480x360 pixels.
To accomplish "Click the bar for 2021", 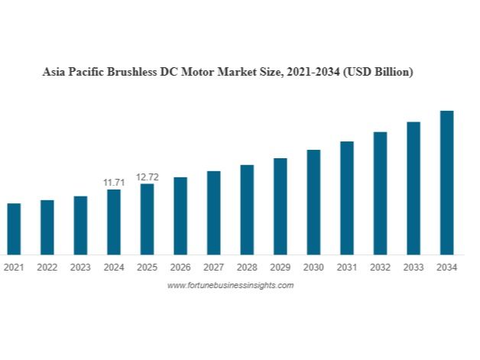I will point(14,229).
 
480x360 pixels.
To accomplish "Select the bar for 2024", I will point(114,222).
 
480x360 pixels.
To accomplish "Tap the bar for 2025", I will point(147,219).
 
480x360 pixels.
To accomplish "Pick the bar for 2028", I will point(247,209).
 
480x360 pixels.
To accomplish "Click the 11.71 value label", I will point(114,183).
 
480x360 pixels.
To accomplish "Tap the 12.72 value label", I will point(147,177).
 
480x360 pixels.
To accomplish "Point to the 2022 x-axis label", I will point(47,268).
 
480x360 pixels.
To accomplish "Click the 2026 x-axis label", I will point(180,268).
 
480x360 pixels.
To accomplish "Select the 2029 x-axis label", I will point(281,268).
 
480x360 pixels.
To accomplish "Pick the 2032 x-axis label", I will point(380,268).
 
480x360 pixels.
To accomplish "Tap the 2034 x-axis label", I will point(446,268).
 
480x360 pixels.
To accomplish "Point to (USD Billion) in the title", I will point(378,73).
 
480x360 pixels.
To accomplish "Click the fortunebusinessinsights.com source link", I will point(230,285).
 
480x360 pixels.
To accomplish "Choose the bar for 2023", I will point(80,225).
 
